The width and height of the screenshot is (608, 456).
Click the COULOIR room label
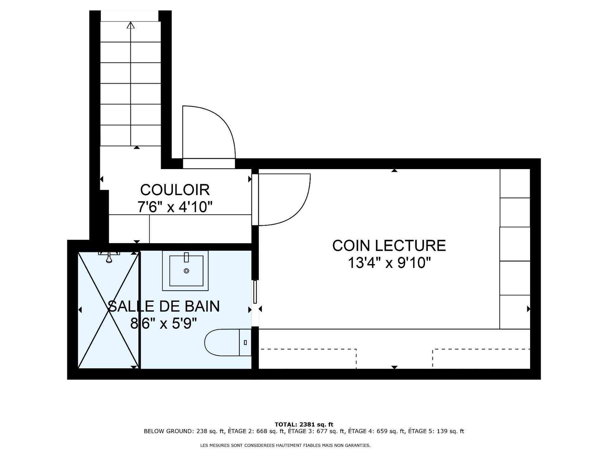(175, 190)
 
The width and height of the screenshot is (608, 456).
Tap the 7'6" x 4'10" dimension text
(175, 207)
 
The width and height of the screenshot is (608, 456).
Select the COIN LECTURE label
(389, 245)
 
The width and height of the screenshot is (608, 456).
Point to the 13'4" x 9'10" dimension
(389, 263)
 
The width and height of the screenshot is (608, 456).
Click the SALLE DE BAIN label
(163, 306)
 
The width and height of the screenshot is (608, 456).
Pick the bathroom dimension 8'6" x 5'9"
(163, 323)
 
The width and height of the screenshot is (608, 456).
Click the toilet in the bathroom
(228, 342)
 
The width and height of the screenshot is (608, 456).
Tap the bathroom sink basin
(186, 271)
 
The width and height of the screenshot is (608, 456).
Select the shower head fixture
(109, 256)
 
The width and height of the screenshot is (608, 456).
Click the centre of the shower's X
(109, 310)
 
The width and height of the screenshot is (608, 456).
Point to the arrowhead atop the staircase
(130, 25)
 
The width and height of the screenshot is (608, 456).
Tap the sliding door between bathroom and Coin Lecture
(255, 291)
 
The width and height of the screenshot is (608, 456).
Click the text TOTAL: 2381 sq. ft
(304, 424)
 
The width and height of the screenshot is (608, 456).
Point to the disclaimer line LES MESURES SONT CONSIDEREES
(285, 445)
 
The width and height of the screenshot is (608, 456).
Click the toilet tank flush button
(245, 342)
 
